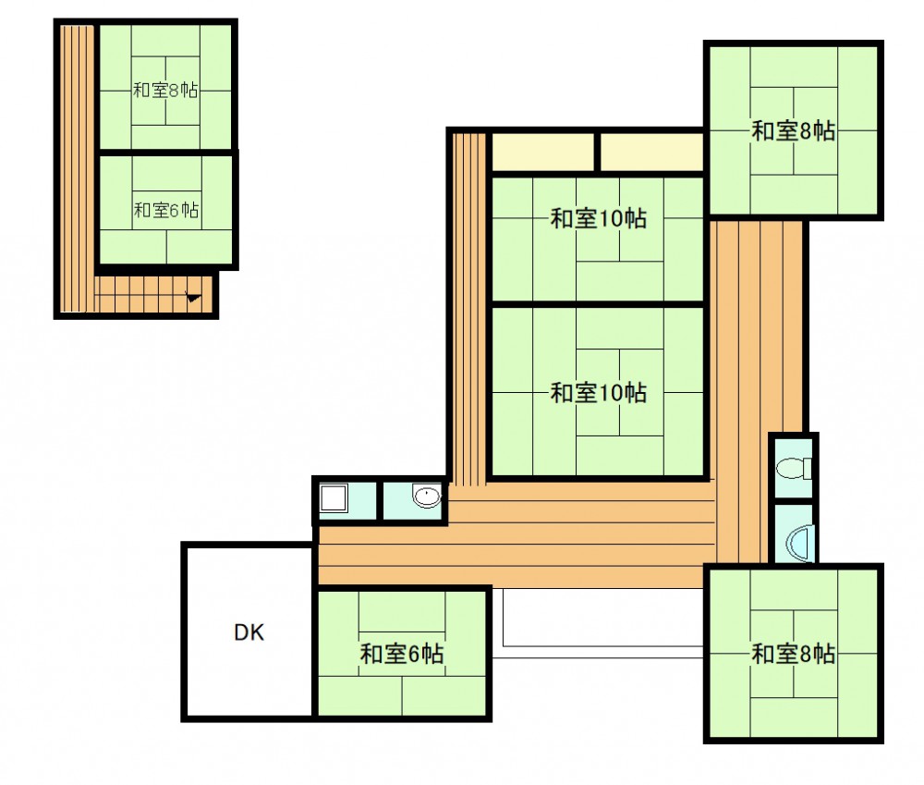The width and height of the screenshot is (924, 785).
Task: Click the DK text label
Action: [249, 632]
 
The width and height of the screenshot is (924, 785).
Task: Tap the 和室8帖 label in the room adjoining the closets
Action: [793, 131]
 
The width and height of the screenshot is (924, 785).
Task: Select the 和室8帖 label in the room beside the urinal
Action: [793, 654]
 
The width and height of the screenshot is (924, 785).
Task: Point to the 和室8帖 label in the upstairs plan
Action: [165, 91]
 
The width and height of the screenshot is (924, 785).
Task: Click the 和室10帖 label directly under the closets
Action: [598, 218]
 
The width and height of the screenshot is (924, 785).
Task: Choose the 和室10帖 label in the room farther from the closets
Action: [598, 393]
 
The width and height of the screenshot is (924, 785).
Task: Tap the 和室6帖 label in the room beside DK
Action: [402, 654]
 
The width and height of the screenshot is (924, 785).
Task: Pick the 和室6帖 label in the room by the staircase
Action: [166, 210]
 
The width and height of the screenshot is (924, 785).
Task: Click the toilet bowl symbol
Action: [793, 468]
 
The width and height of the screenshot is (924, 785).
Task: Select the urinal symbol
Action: [799, 543]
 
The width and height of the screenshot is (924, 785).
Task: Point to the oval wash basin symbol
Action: [427, 496]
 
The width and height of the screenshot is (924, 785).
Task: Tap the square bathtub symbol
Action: [334, 498]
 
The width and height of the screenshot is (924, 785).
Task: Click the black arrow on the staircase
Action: [193, 297]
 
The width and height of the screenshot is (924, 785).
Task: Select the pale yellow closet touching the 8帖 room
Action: [651, 152]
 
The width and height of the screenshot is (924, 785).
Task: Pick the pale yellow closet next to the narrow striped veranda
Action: [542, 152]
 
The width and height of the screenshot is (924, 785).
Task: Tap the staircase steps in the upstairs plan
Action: [153, 294]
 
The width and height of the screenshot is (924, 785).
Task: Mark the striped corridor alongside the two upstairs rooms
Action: [77, 168]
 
